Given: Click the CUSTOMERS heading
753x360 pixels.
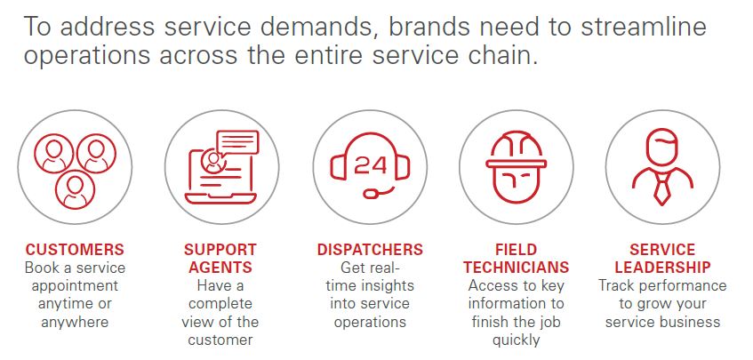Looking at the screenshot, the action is click(x=75, y=250).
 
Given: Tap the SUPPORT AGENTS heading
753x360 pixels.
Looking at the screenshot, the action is click(x=220, y=259).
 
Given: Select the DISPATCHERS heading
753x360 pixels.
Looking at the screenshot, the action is click(x=370, y=250).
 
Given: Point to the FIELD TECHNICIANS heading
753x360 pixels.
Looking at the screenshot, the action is click(x=517, y=259).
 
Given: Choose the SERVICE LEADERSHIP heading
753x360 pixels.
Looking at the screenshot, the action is click(x=662, y=259).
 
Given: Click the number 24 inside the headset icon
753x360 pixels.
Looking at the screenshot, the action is click(x=370, y=165).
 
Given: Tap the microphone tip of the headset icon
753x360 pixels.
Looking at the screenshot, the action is click(x=372, y=194).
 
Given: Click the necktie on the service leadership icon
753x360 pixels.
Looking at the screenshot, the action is click(x=662, y=188).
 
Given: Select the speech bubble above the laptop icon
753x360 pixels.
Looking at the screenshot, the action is click(x=237, y=142).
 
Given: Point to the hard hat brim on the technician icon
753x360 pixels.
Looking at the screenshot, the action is click(x=517, y=164).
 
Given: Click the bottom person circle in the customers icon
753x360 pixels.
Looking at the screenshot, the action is click(x=75, y=189).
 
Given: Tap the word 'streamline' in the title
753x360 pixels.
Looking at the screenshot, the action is click(x=644, y=28).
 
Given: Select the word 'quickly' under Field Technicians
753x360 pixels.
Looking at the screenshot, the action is click(x=517, y=340).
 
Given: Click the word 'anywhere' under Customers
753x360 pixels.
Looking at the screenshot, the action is click(x=75, y=322).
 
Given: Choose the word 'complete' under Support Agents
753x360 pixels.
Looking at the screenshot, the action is click(x=220, y=304).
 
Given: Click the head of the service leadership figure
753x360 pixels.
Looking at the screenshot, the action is click(x=662, y=148).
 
